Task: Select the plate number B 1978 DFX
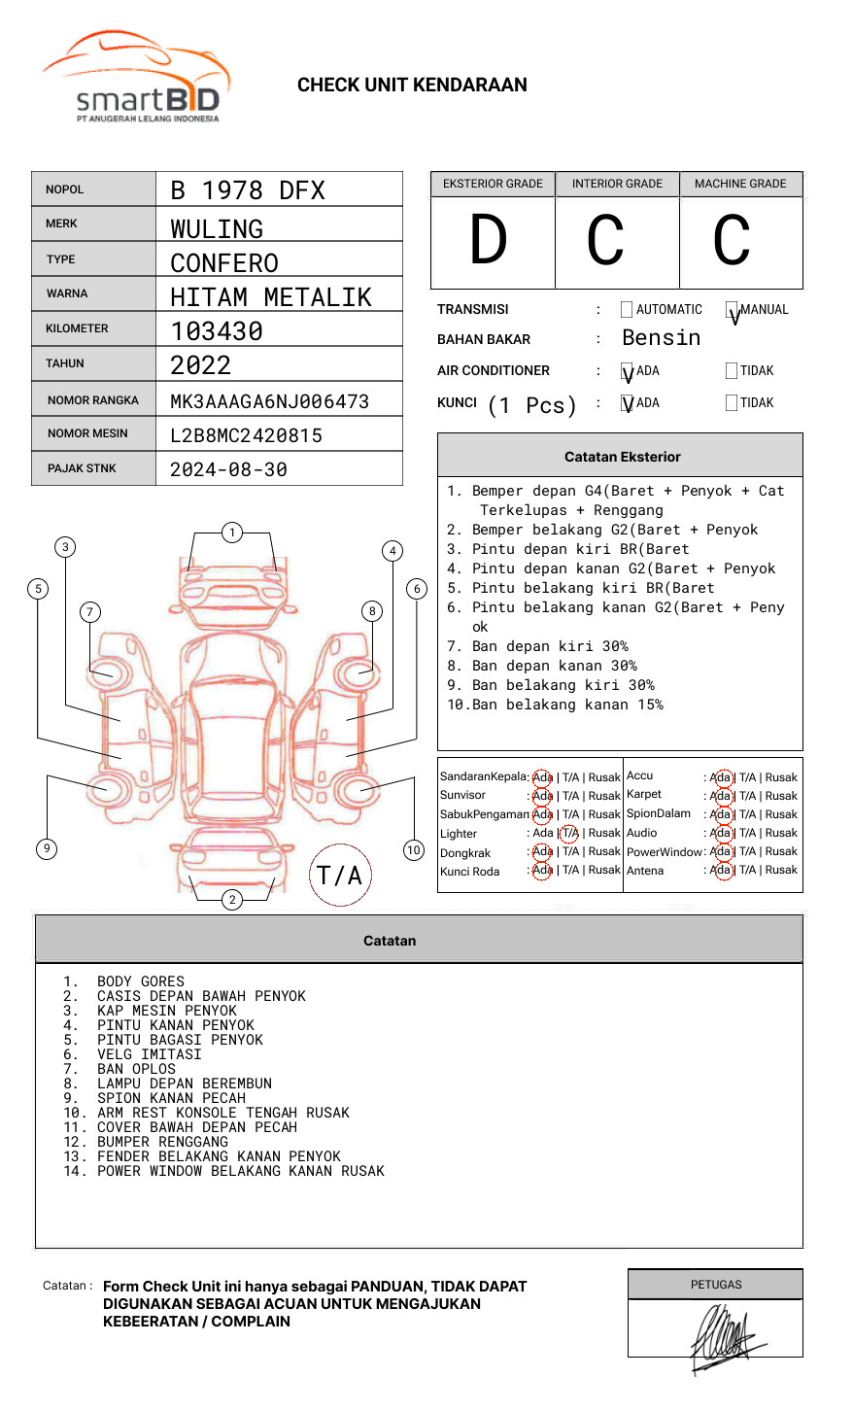[248, 190]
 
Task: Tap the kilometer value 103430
[217, 331]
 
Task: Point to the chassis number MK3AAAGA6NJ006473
[269, 401]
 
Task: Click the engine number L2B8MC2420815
[246, 435]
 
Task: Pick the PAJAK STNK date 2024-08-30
[228, 469]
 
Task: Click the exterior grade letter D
[489, 240]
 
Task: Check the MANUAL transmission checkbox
[732, 310]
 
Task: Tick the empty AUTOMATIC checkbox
[627, 310]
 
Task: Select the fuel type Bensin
[661, 338]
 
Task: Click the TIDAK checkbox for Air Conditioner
[732, 370]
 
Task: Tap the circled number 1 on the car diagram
[231, 533]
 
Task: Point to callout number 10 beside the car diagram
[414, 850]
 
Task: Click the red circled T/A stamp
[340, 876]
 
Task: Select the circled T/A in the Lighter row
[569, 833]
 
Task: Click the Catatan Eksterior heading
[622, 457]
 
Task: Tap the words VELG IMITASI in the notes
[150, 1054]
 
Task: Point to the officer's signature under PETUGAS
[723, 1337]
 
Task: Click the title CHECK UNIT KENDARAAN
[412, 86]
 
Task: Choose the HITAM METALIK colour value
[271, 297]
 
